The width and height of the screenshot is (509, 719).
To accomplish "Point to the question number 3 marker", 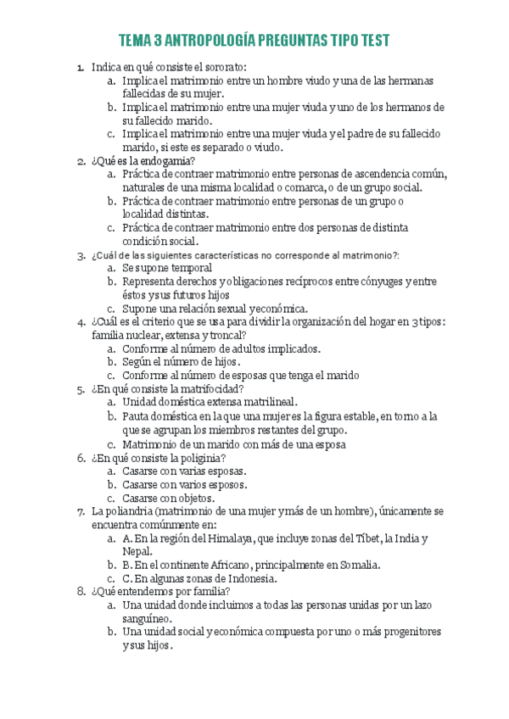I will point(80,255).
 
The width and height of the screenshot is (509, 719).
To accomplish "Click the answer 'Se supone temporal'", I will point(167,268).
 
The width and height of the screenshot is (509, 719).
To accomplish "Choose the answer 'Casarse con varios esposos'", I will point(184,484).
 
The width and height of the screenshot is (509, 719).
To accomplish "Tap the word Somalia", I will point(355,565).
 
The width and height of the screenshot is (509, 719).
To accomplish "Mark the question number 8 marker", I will point(80,592).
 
